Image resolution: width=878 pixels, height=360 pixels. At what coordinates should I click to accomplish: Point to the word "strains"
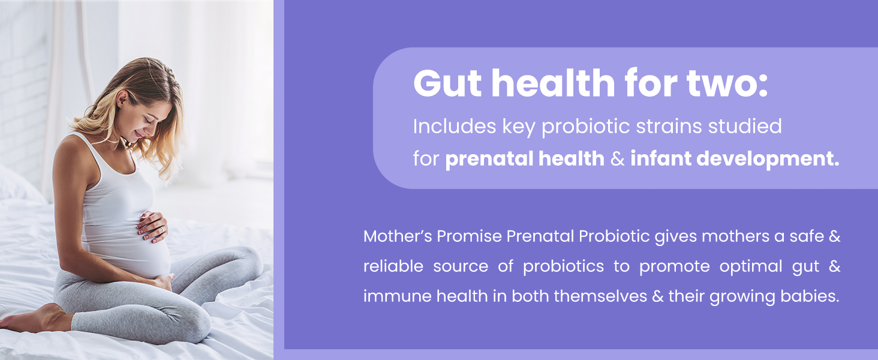click(657, 127)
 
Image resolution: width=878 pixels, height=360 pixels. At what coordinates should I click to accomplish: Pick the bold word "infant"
click(663, 159)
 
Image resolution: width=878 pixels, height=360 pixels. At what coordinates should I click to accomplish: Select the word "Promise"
click(469, 236)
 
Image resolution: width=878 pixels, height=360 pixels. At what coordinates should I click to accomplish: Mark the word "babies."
click(810, 296)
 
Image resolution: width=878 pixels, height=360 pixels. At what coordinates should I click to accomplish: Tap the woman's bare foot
click(30, 319)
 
